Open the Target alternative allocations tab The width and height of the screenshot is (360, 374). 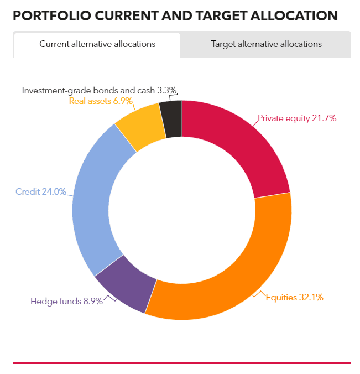click(x=266, y=44)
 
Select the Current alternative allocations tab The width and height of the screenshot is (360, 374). click(x=97, y=44)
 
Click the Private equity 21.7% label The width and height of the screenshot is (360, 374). click(x=297, y=118)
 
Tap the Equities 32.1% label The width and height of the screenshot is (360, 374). click(x=294, y=298)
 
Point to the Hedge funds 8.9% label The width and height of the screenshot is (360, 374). click(x=66, y=302)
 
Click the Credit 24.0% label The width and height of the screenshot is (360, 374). click(x=41, y=191)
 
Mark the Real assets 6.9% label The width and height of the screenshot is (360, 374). click(x=101, y=101)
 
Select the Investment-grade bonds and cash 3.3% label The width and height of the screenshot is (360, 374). click(x=99, y=91)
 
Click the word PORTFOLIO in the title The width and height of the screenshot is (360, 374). click(x=52, y=15)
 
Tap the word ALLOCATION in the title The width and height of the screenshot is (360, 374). click(x=294, y=15)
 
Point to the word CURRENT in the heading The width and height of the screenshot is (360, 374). click(x=126, y=15)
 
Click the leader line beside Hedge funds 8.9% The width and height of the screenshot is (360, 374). click(x=109, y=298)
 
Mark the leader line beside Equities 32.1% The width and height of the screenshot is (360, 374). click(x=259, y=294)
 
